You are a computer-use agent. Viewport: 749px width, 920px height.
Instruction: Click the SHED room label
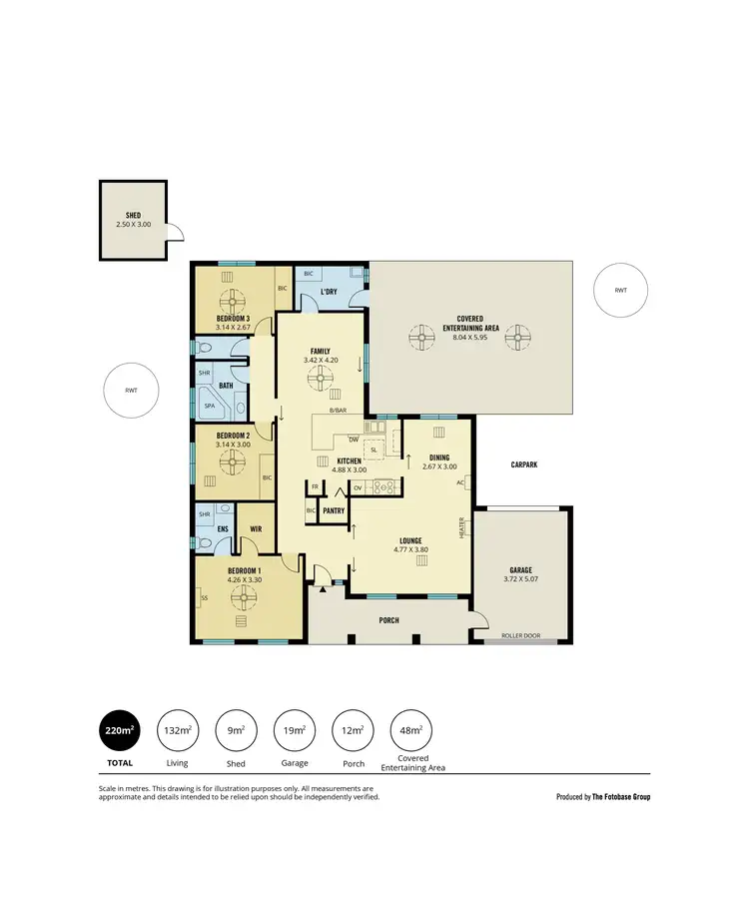[132, 215]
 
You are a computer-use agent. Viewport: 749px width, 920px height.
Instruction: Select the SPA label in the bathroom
[210, 407]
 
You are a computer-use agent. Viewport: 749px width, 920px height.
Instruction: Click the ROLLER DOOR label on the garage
[520, 634]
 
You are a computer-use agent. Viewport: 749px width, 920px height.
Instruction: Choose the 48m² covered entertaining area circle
[411, 731]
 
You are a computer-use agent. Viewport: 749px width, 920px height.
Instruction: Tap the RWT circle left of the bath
[132, 391]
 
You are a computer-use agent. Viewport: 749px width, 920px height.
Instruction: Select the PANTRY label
[334, 510]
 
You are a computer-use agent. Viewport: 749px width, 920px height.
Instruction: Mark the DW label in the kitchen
[354, 440]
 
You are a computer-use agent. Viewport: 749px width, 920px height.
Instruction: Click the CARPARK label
[524, 465]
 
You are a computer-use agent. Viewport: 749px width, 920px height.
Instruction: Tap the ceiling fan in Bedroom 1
[242, 596]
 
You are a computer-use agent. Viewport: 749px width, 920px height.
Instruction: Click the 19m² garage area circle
[295, 731]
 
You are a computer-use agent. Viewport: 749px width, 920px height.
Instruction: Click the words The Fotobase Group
[621, 797]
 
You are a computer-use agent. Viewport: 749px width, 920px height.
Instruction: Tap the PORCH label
[388, 620]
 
